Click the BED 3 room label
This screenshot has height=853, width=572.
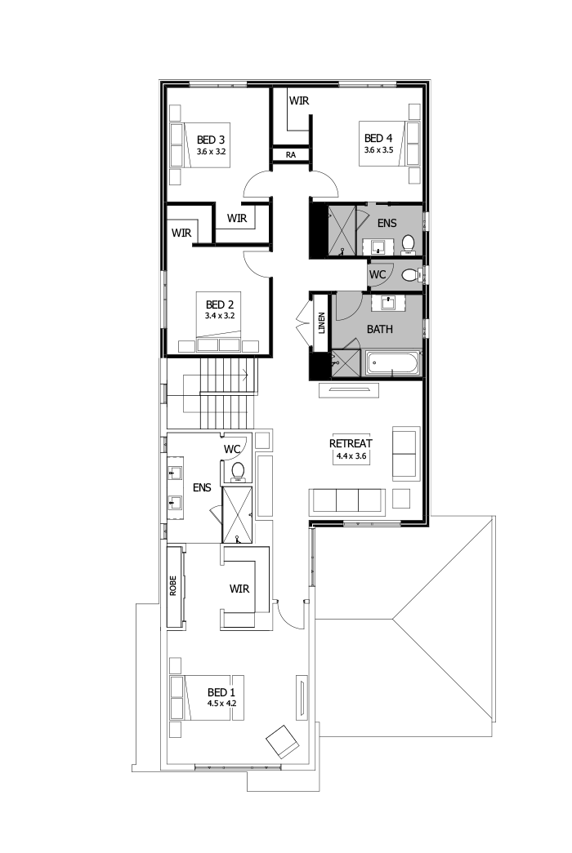(x=211, y=139)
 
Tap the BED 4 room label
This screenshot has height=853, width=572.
(x=379, y=138)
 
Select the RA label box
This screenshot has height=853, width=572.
(x=290, y=154)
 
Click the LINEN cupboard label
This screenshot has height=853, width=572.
(x=321, y=323)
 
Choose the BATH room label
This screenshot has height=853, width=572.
(x=380, y=330)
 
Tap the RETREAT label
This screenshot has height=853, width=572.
(x=351, y=443)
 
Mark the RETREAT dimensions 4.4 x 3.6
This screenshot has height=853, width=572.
(x=351, y=456)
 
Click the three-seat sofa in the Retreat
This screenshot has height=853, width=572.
(x=347, y=499)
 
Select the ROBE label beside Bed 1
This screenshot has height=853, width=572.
(x=173, y=588)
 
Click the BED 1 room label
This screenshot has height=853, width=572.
(x=222, y=690)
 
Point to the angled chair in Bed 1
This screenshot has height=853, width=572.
(x=283, y=740)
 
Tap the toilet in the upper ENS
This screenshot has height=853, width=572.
(x=409, y=242)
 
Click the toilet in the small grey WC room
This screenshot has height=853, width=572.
(x=409, y=273)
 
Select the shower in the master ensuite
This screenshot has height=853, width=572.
(x=238, y=514)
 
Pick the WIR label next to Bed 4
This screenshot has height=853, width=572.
(x=297, y=100)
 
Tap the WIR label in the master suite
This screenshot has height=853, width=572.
(x=239, y=589)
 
